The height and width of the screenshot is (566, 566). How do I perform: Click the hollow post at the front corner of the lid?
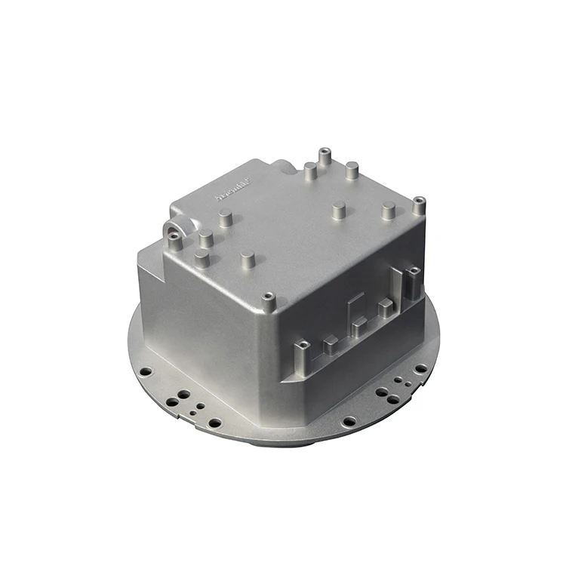tap(267, 300)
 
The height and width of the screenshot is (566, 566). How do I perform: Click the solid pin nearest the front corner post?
tap(248, 260)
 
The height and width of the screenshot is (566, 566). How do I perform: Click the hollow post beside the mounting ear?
tap(174, 241)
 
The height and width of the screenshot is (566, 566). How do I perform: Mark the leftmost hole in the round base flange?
tap(146, 371)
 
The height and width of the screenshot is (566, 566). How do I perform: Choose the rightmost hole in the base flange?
tap(420, 368)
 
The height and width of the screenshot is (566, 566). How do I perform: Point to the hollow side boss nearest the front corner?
tap(301, 349)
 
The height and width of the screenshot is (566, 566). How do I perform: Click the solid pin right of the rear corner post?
tap(352, 170)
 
